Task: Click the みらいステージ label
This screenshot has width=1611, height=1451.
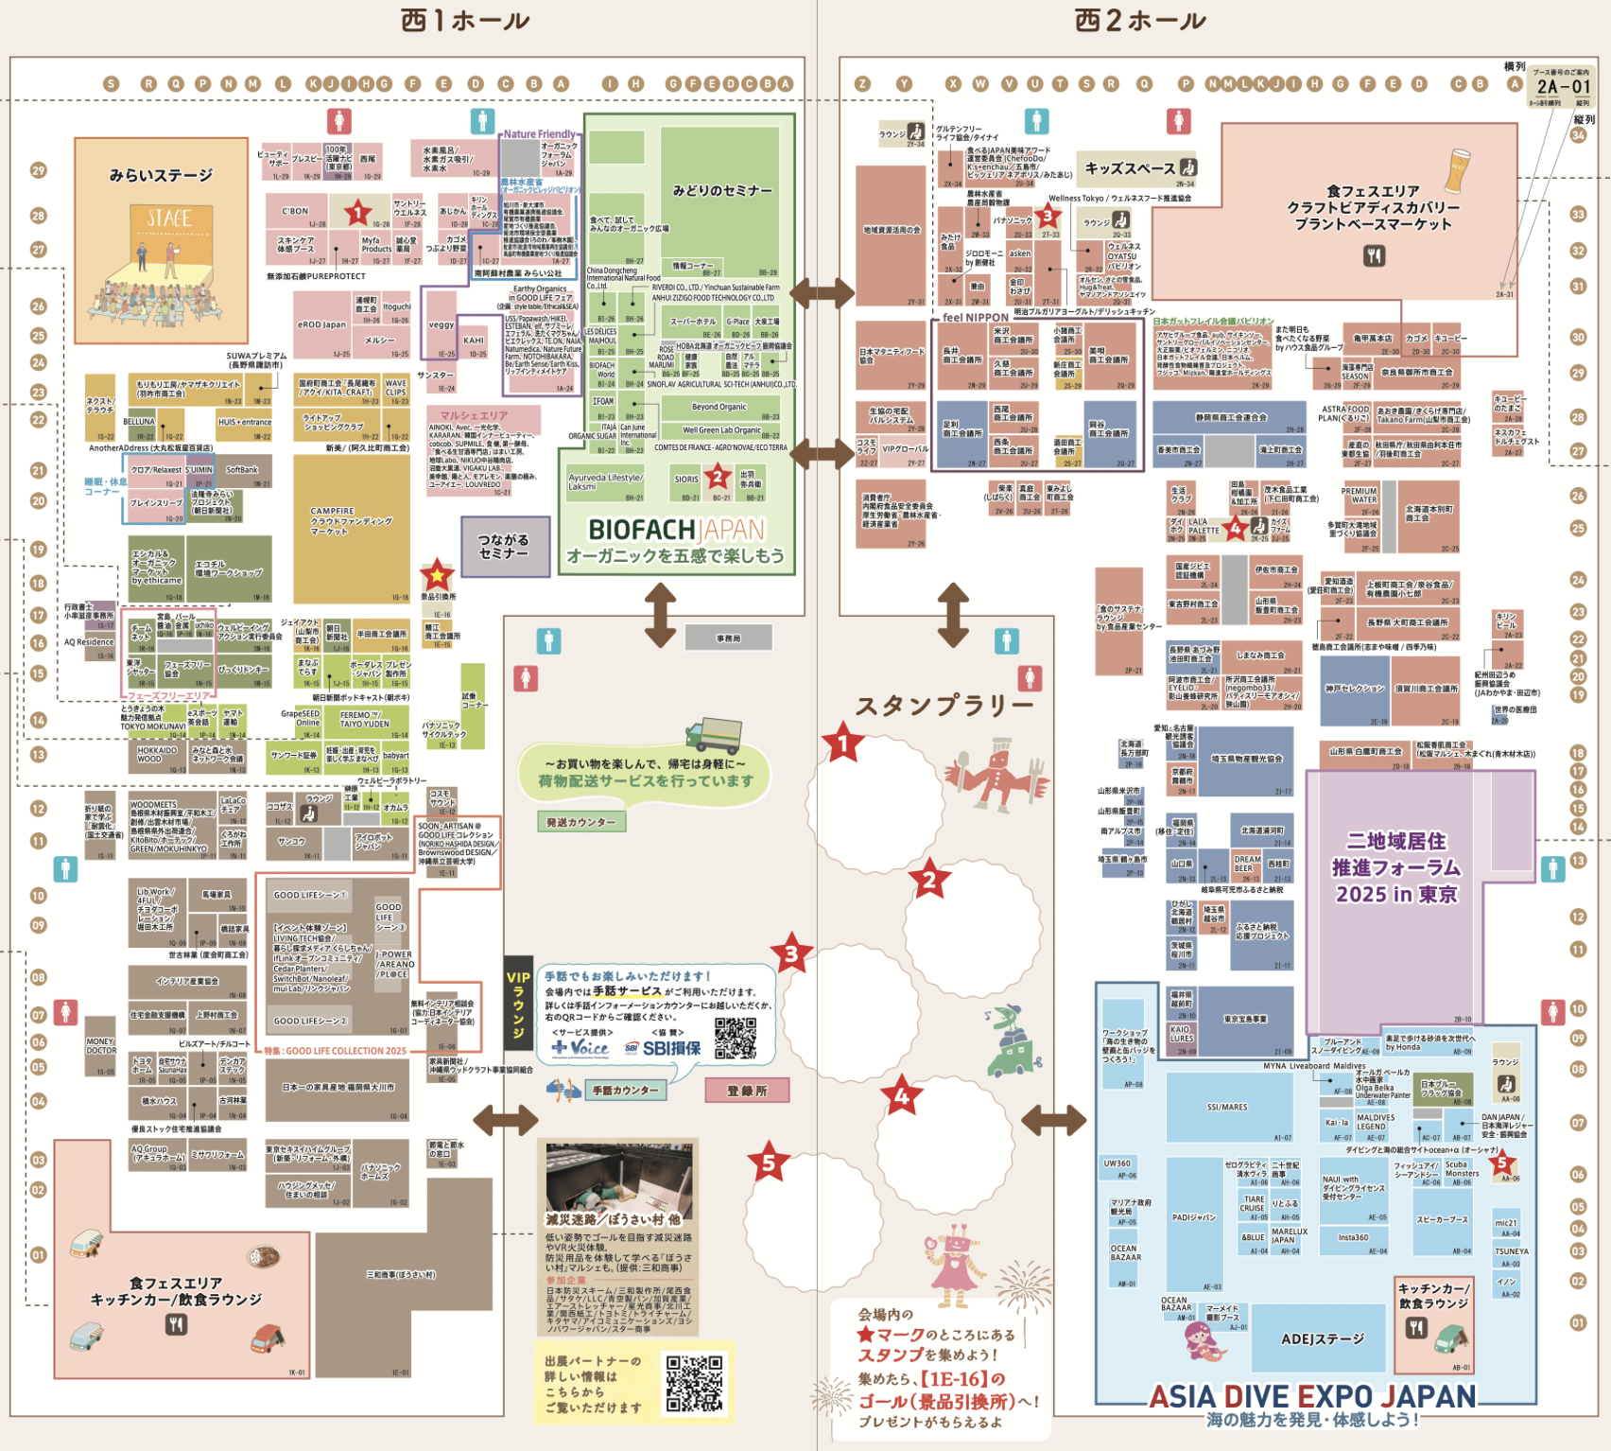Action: [161, 175]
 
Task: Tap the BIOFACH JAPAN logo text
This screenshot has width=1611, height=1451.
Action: [676, 530]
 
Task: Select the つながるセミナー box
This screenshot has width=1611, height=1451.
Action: [505, 546]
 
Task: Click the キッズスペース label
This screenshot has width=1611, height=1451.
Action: [1130, 168]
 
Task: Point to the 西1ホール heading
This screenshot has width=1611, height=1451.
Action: [465, 21]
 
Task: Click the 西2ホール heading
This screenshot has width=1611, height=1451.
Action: [1140, 21]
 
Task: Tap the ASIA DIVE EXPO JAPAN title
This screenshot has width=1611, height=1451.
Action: [1312, 1396]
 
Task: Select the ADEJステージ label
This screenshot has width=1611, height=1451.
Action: [1323, 1338]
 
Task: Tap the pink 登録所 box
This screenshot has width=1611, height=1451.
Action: [747, 1091]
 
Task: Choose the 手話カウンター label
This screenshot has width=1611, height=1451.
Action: [625, 1091]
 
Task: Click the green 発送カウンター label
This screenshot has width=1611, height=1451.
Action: [580, 822]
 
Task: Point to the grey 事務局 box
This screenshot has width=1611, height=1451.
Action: [729, 638]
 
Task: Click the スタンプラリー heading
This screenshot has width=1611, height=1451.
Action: [944, 706]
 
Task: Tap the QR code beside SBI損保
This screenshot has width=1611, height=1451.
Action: [736, 1038]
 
